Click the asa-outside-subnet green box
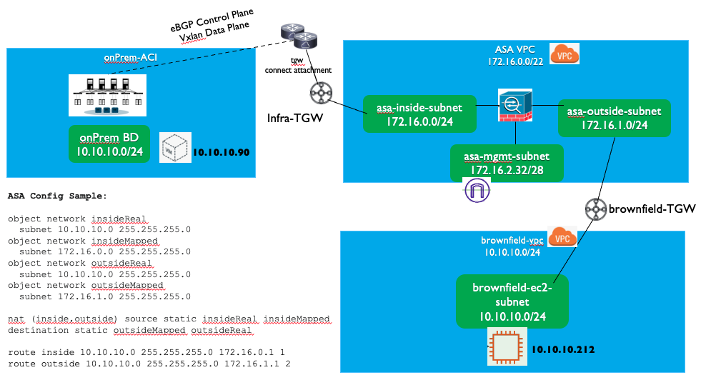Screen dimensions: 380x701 click(x=614, y=117)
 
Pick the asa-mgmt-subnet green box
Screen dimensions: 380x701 click(x=506, y=162)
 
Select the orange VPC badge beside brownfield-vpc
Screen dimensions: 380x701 click(x=562, y=239)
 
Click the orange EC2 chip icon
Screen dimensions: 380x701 click(x=507, y=346)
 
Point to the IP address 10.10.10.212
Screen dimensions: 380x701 click(x=563, y=349)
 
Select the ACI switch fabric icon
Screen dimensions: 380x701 click(x=107, y=95)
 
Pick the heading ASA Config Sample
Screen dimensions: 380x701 click(x=57, y=195)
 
